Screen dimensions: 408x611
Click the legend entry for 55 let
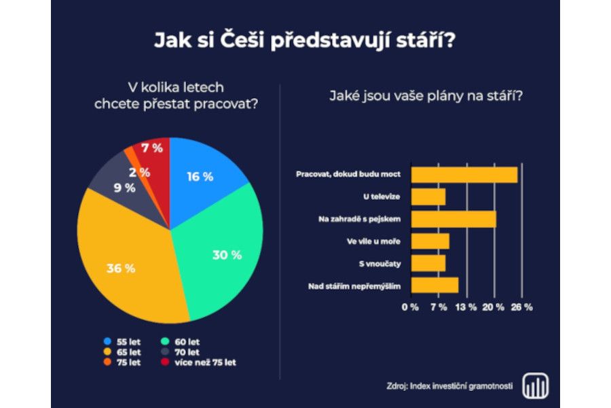pos(122,341)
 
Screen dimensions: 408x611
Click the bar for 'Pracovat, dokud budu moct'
pos(464,174)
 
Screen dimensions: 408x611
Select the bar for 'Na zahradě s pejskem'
pos(454,219)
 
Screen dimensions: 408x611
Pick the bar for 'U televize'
pos(429,197)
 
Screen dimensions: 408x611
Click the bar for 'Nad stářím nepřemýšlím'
pos(435,286)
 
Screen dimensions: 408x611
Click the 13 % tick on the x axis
pos(466,307)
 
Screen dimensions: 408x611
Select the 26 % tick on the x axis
pos(522,307)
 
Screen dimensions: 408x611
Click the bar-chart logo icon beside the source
pos(536,386)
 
